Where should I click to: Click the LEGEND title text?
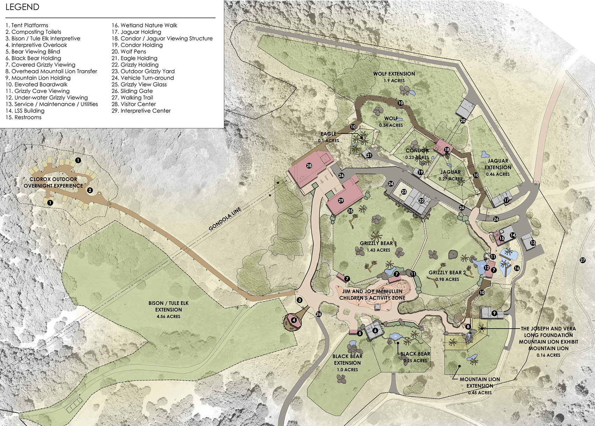pyautogui.click(x=22, y=7)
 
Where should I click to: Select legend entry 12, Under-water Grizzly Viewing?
pyautogui.click(x=47, y=98)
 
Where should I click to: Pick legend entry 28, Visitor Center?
pyautogui.click(x=134, y=104)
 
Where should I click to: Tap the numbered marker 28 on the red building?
pyautogui.click(x=309, y=166)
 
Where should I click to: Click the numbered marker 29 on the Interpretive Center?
pyautogui.click(x=341, y=201)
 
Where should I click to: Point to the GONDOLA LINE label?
pyautogui.click(x=225, y=219)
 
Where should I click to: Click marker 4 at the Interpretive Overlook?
pyautogui.click(x=294, y=320)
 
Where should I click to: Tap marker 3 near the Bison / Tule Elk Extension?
pyautogui.click(x=300, y=300)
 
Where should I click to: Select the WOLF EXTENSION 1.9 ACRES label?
pyautogui.click(x=394, y=77)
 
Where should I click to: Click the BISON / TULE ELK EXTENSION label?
pyautogui.click(x=168, y=309)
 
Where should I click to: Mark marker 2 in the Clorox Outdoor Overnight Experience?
pyautogui.click(x=90, y=190)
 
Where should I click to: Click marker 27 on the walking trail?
pyautogui.click(x=583, y=260)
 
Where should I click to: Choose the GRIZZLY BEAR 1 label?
pyautogui.click(x=378, y=246)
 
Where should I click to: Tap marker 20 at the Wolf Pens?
pyautogui.click(x=463, y=121)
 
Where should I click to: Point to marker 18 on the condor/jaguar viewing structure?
pyautogui.click(x=447, y=150)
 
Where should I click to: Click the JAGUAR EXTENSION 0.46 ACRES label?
pyautogui.click(x=498, y=167)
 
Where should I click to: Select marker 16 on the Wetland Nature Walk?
pyautogui.click(x=517, y=268)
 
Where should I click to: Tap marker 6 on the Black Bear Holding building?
pyautogui.click(x=375, y=330)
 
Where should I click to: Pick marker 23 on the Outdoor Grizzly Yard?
pyautogui.click(x=404, y=192)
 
